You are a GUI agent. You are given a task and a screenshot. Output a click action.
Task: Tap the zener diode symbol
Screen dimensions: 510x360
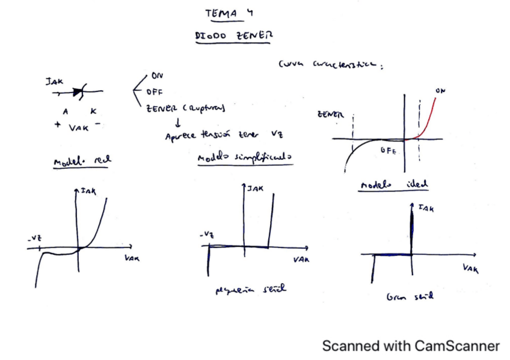pos(78,92)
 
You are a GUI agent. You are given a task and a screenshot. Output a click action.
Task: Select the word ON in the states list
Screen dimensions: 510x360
pos(157,76)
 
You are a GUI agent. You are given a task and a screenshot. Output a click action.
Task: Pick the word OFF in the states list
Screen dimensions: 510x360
pos(155,92)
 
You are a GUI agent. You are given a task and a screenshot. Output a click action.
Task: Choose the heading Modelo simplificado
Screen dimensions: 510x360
pos(245,158)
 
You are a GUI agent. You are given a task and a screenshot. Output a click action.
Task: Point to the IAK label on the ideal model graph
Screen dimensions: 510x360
pos(426,209)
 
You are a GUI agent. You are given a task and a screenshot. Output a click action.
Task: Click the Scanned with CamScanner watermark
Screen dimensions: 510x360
pos(411,346)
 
